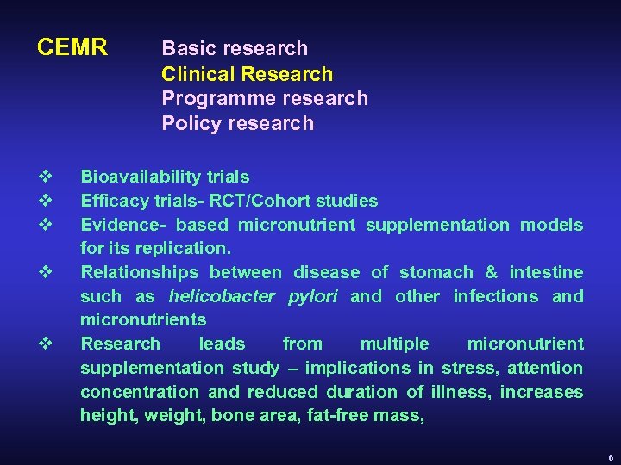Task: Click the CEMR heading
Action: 72,47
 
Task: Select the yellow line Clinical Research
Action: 247,74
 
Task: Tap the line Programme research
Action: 264,98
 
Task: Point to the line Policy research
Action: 237,123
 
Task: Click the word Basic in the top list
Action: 187,48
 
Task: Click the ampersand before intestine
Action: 492,273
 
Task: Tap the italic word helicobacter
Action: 220,297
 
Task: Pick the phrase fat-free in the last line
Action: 300,416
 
